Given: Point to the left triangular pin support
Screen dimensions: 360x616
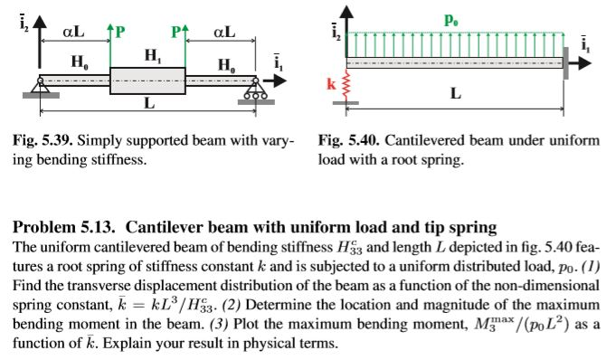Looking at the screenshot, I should tap(40, 89).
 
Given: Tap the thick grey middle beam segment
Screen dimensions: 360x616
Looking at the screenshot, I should tap(147, 81).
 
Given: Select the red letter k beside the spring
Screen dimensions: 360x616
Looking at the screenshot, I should tap(332, 84).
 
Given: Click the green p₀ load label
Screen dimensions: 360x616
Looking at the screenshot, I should tap(450, 18).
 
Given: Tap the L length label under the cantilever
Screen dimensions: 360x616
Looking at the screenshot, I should tap(455, 93).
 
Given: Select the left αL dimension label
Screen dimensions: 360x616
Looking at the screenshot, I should tap(73, 32).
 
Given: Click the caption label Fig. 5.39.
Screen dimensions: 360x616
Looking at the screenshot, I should tap(42, 142).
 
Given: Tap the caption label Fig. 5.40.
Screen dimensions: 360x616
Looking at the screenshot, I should tap(346, 142).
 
